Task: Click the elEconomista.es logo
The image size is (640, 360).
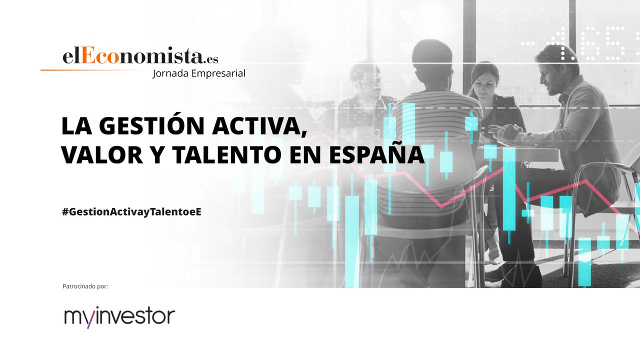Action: coord(140,56)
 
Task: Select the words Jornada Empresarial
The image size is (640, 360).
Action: coord(198,73)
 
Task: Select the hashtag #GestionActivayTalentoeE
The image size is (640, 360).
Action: coord(131,211)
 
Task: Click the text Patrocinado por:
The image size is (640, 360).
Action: coord(85,286)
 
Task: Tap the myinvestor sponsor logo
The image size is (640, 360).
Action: coord(119,317)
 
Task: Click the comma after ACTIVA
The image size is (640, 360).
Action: coord(304,133)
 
